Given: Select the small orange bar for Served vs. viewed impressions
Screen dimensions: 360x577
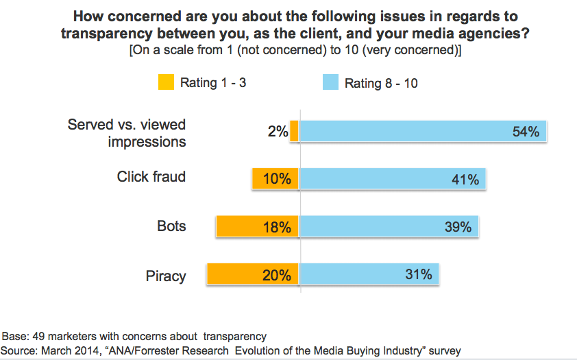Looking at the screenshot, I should pos(295,131).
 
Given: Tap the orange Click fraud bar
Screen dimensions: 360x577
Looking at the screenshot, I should pos(275,179).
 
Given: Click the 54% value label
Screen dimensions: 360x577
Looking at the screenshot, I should pos(526,132).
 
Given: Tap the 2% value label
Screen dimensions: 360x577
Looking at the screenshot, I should pos(278,132).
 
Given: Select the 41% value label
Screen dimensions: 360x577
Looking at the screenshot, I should pos(465,180).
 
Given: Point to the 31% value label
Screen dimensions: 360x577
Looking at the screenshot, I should pos(418,275).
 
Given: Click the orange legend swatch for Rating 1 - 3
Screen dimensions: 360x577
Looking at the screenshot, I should pos(166,83).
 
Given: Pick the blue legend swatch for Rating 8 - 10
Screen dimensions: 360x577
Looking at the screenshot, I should pos(330,83).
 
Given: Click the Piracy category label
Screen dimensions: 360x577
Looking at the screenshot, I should pos(166,276).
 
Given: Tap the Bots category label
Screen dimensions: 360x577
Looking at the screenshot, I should pos(171,226).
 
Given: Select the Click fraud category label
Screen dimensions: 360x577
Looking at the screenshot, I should pos(151,177).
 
